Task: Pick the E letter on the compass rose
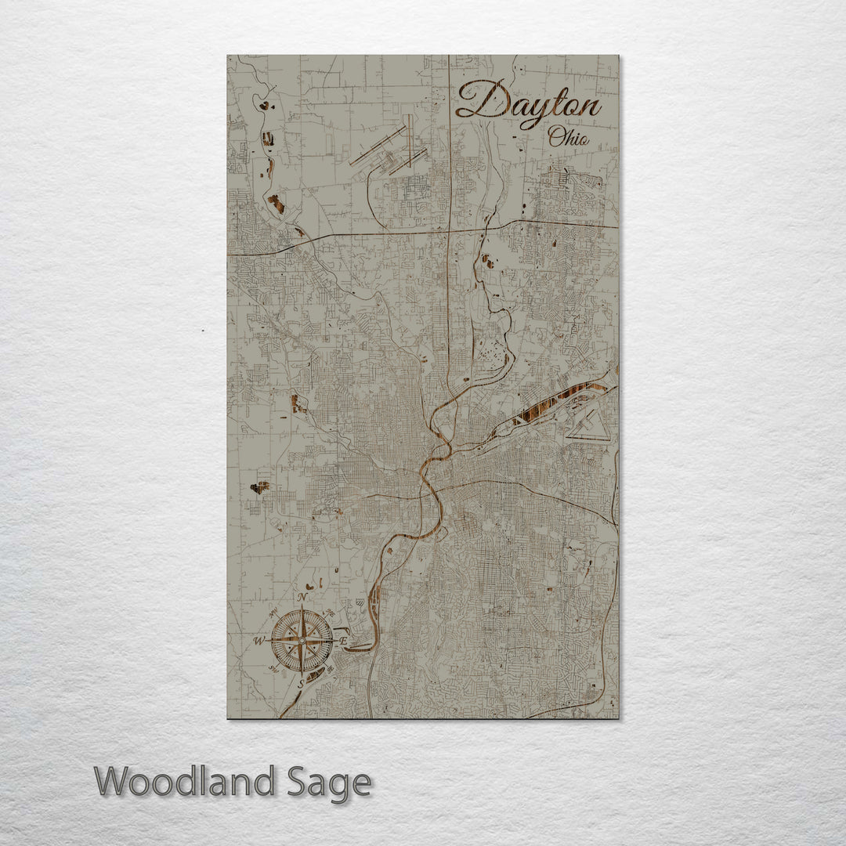(343, 640)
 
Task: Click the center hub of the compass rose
(301, 642)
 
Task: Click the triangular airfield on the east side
(587, 426)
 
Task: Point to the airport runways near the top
(392, 149)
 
